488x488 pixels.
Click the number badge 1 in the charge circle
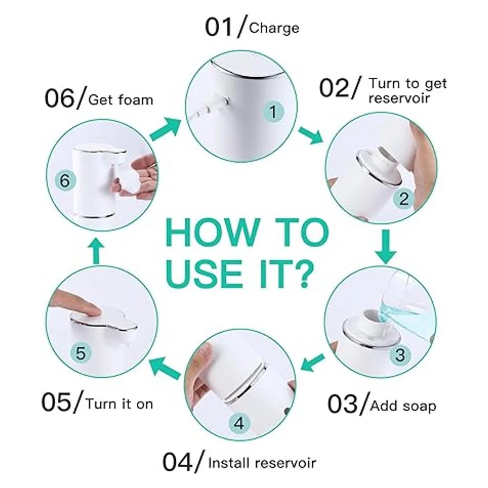click(273, 112)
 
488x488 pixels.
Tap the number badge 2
click(404, 199)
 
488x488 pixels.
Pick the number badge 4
click(239, 423)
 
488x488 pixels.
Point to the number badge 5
click(81, 353)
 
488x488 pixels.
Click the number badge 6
click(65, 181)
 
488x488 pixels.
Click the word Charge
click(274, 28)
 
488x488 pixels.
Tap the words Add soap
click(403, 407)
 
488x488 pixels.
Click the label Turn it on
click(120, 404)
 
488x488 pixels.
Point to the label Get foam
click(120, 100)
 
